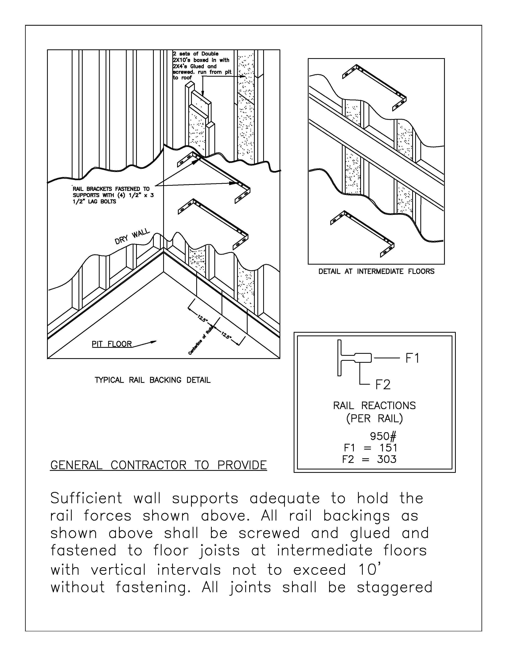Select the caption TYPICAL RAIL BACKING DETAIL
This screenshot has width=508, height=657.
tap(153, 380)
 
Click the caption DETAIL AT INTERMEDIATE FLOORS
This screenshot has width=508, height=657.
tap(376, 271)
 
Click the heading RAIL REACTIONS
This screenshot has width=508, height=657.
tap(374, 406)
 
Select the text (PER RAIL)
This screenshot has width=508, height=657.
tap(374, 419)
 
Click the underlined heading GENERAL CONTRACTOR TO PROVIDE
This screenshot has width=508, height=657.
tap(158, 465)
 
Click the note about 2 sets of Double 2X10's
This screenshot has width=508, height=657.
tap(201, 66)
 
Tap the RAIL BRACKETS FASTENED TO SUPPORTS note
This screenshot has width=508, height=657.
tap(113, 195)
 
